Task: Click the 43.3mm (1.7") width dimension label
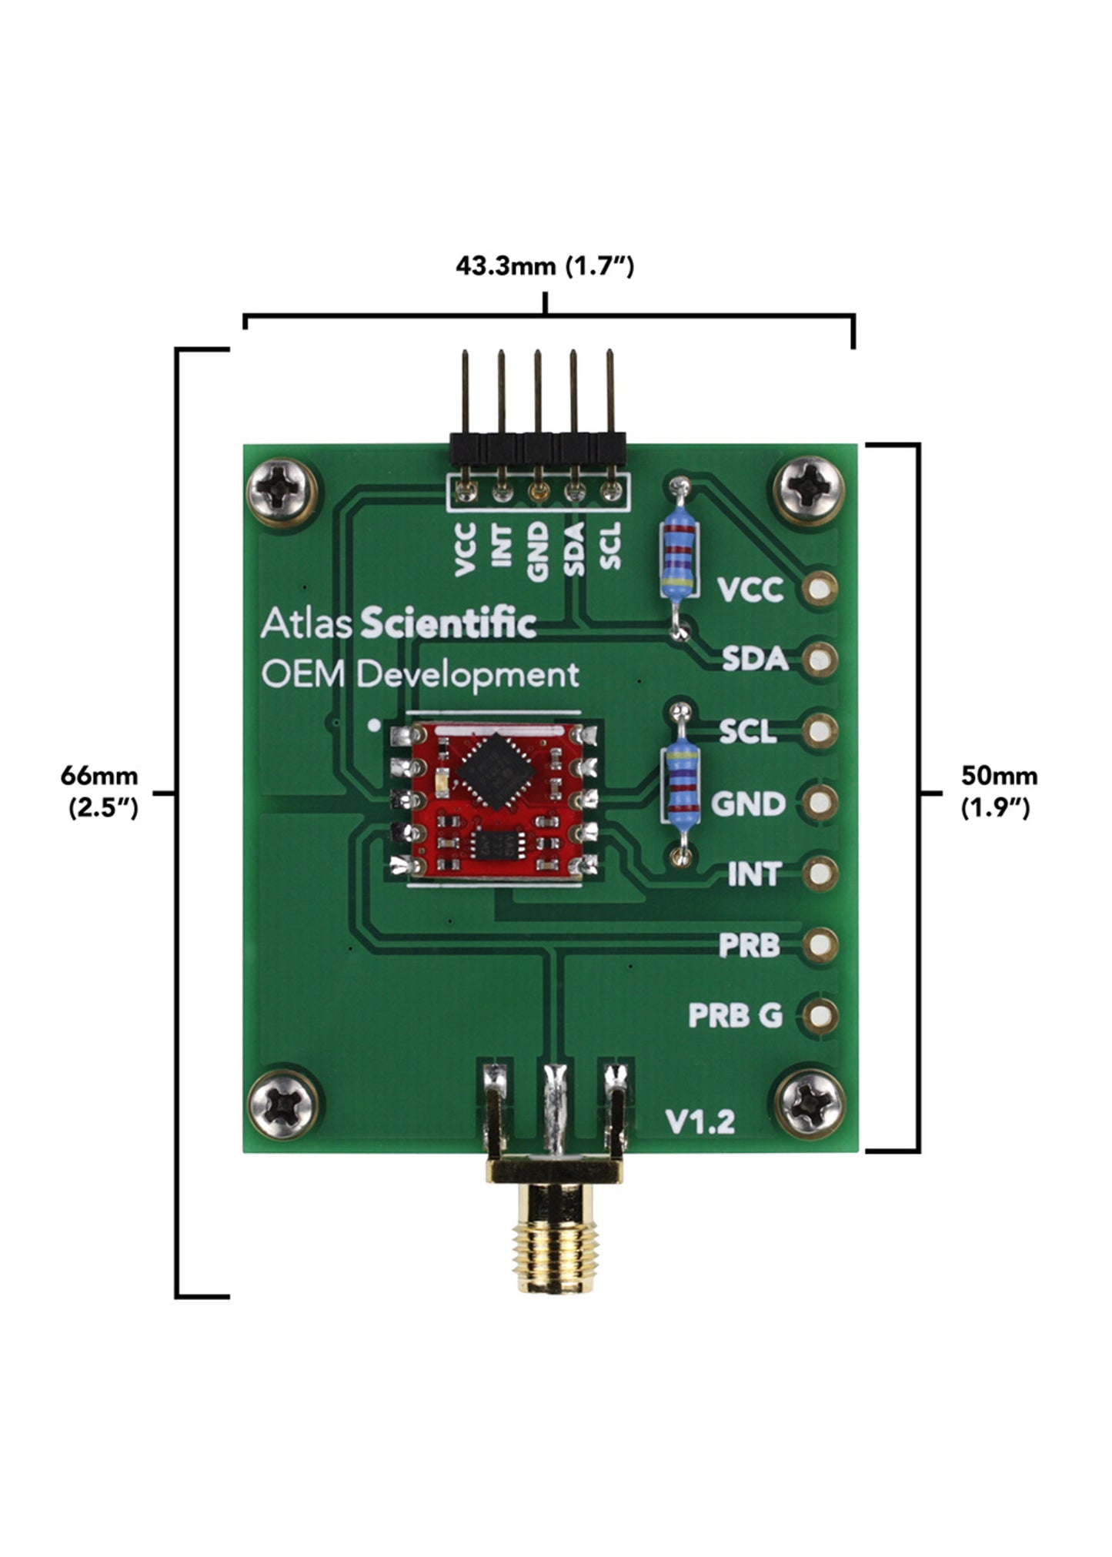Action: coord(544,266)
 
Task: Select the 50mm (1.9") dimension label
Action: coord(998,790)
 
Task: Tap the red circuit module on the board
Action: coord(495,800)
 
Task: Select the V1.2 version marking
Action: coord(700,1121)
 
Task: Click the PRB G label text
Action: coord(735,1016)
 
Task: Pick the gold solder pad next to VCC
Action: coord(820,590)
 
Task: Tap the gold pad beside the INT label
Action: coord(820,874)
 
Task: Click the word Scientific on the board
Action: coord(448,623)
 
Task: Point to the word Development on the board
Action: coord(468,675)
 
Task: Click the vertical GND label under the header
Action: coord(538,550)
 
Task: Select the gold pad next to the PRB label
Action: coord(820,944)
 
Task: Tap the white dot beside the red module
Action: coord(374,725)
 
